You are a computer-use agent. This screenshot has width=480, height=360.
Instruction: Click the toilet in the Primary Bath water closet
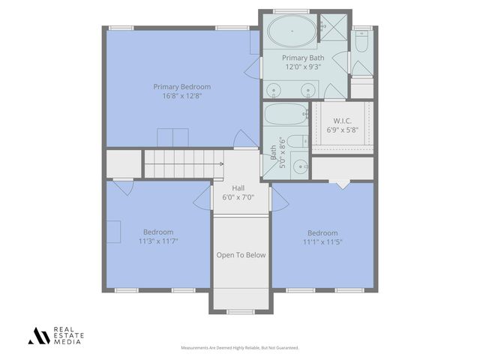pyautogui.click(x=361, y=43)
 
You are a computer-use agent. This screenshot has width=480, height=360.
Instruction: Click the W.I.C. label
pyautogui.click(x=342, y=120)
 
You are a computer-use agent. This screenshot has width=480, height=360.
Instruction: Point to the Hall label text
pyautogui.click(x=238, y=188)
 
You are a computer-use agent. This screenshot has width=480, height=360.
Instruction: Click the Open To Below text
pyautogui.click(x=241, y=255)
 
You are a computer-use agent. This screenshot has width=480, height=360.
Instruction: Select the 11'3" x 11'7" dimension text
pyautogui.click(x=158, y=241)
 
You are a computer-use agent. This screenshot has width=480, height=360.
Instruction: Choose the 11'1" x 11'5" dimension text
pyautogui.click(x=322, y=242)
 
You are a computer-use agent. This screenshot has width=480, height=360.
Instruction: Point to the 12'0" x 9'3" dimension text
pyautogui.click(x=303, y=67)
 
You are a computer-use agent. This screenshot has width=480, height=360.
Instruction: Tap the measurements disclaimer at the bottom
pyautogui.click(x=240, y=348)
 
